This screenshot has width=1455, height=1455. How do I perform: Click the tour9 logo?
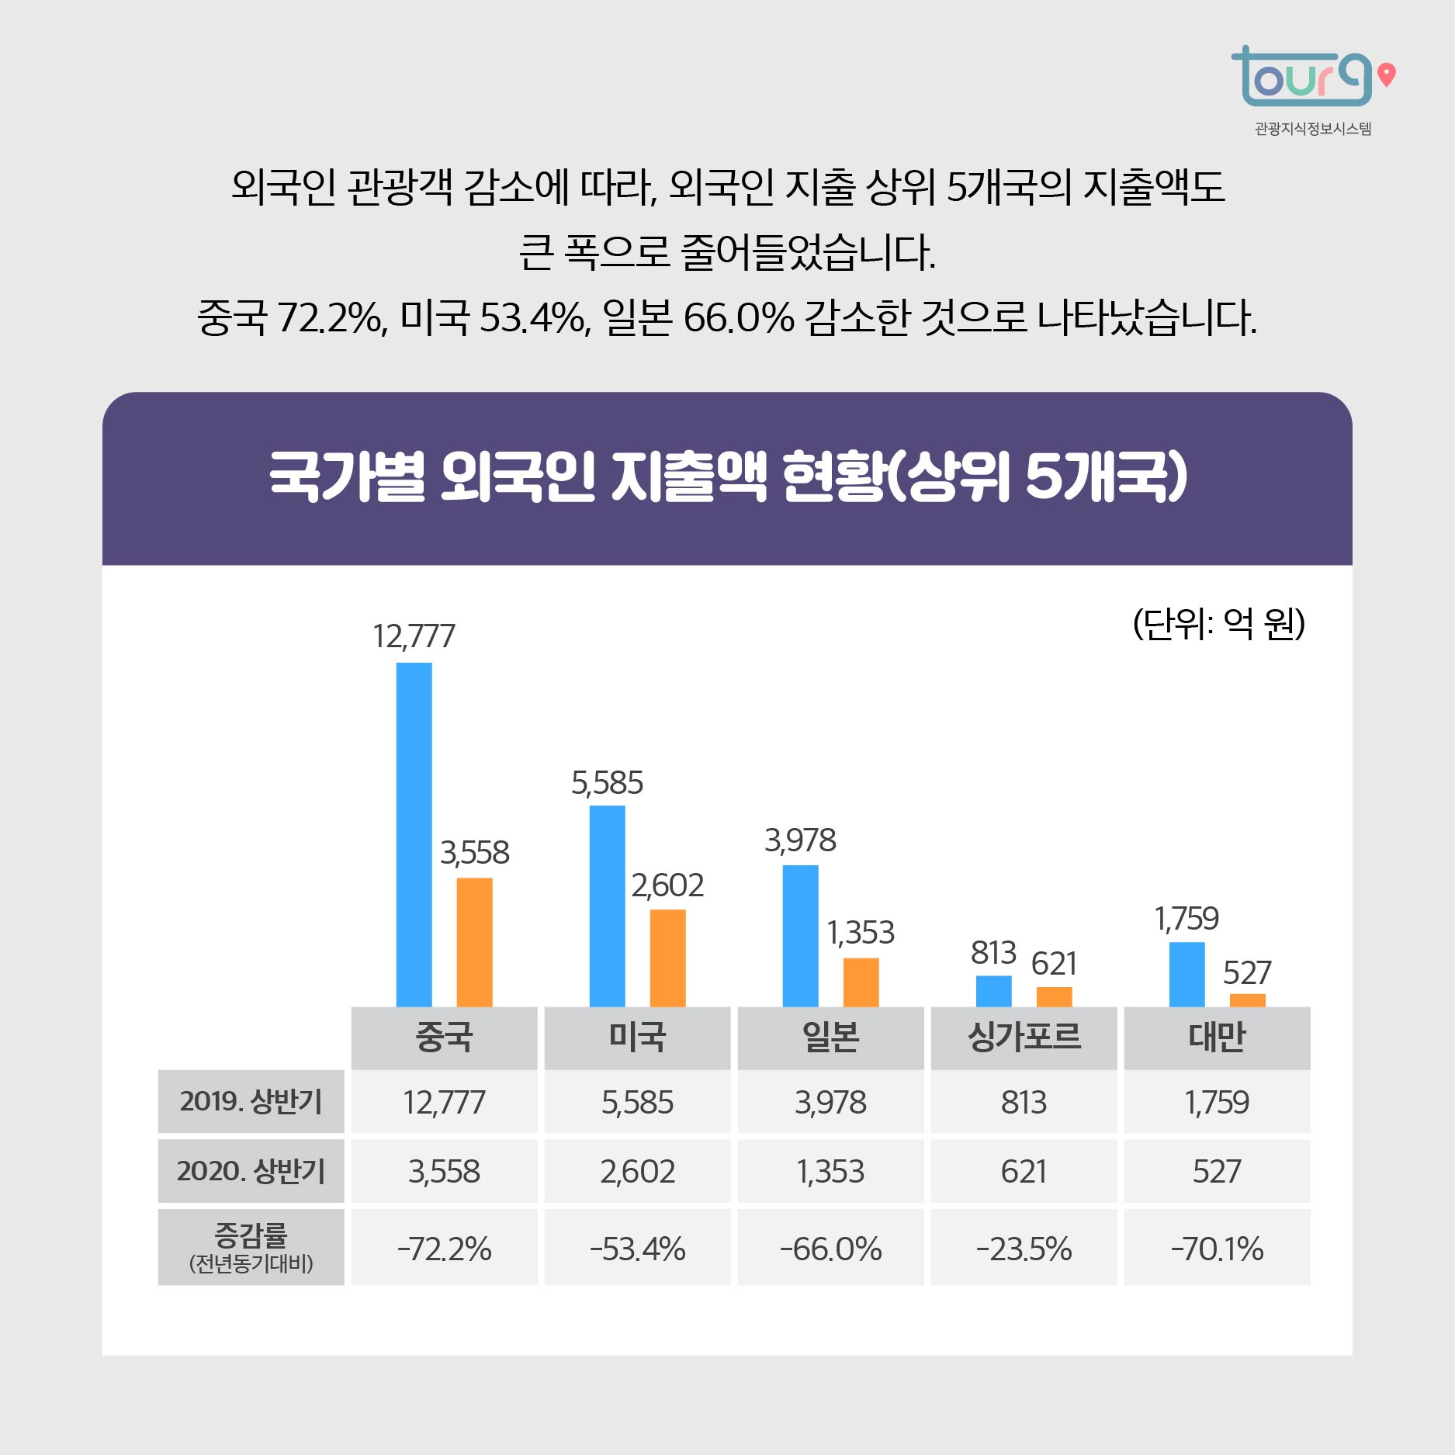[x=1311, y=78]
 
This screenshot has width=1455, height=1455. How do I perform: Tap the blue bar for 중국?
[x=414, y=834]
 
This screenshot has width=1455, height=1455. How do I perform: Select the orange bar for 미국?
[x=667, y=958]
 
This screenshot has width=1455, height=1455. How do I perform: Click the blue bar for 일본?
[x=800, y=935]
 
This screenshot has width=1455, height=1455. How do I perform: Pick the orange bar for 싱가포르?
[x=1054, y=996]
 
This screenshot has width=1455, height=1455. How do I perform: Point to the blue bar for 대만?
[x=1187, y=974]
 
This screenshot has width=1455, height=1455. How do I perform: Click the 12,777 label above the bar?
[x=414, y=636]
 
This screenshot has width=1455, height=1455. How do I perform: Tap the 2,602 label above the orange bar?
[x=667, y=885]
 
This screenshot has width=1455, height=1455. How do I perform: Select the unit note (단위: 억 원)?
[x=1218, y=623]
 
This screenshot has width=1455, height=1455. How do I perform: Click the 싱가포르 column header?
[x=1024, y=1037]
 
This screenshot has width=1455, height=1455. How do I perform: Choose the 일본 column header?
[x=830, y=1037]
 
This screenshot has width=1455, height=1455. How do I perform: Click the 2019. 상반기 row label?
[x=251, y=1101]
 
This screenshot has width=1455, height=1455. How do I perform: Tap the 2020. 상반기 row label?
[x=251, y=1170]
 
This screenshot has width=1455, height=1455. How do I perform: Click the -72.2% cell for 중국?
[x=444, y=1249]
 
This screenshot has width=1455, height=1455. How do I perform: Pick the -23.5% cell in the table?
[x=1024, y=1249]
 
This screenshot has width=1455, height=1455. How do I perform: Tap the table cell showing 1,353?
[x=830, y=1171]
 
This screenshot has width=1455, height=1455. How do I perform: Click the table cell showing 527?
[x=1217, y=1171]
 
